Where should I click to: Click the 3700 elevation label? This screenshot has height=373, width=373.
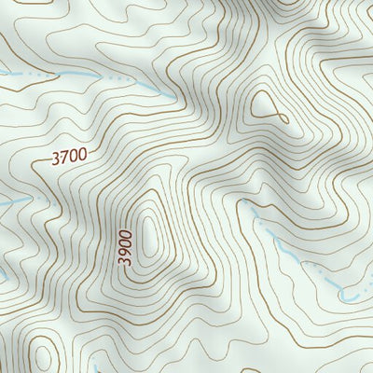pos(70,159)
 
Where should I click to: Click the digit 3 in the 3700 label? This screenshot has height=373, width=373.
pos(56,159)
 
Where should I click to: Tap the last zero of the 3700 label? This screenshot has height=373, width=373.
pos(84,158)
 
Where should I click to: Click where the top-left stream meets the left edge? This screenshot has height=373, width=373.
pos(2,72)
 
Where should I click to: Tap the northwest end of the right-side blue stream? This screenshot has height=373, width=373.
pos(250,211)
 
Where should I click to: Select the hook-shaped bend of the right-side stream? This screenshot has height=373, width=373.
pos(347,297)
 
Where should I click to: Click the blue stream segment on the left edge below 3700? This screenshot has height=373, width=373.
pos(7,202)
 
